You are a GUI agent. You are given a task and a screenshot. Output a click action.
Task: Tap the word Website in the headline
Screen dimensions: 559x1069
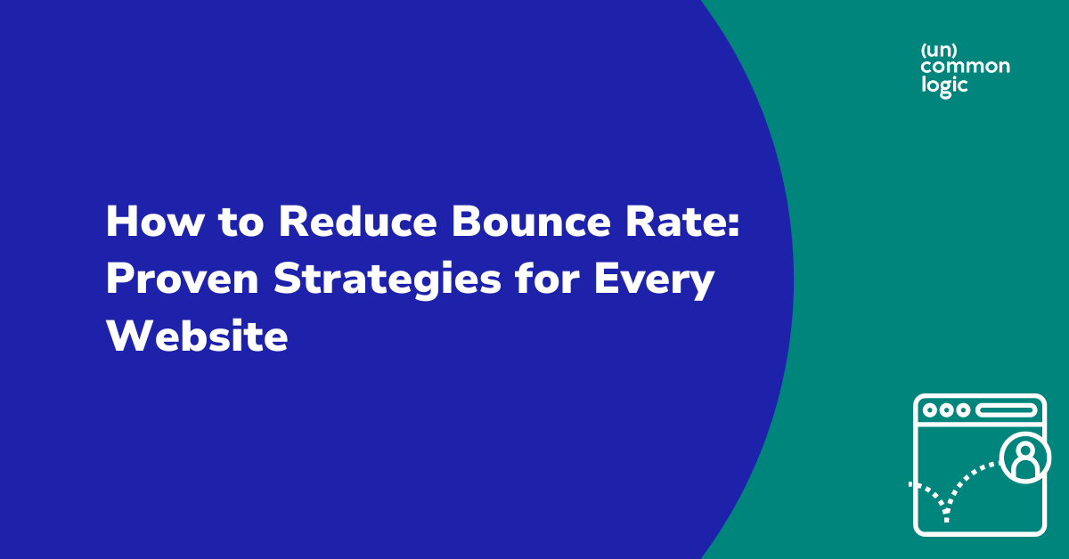point(197,338)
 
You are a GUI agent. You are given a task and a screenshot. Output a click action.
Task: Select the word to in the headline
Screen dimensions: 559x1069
point(239,223)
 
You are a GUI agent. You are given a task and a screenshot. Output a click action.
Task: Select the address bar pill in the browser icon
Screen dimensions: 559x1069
point(1007,410)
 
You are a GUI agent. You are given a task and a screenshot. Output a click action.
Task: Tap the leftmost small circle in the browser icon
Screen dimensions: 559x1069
point(931,410)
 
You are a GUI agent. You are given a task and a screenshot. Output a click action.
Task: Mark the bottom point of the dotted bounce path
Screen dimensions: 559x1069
point(946,519)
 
